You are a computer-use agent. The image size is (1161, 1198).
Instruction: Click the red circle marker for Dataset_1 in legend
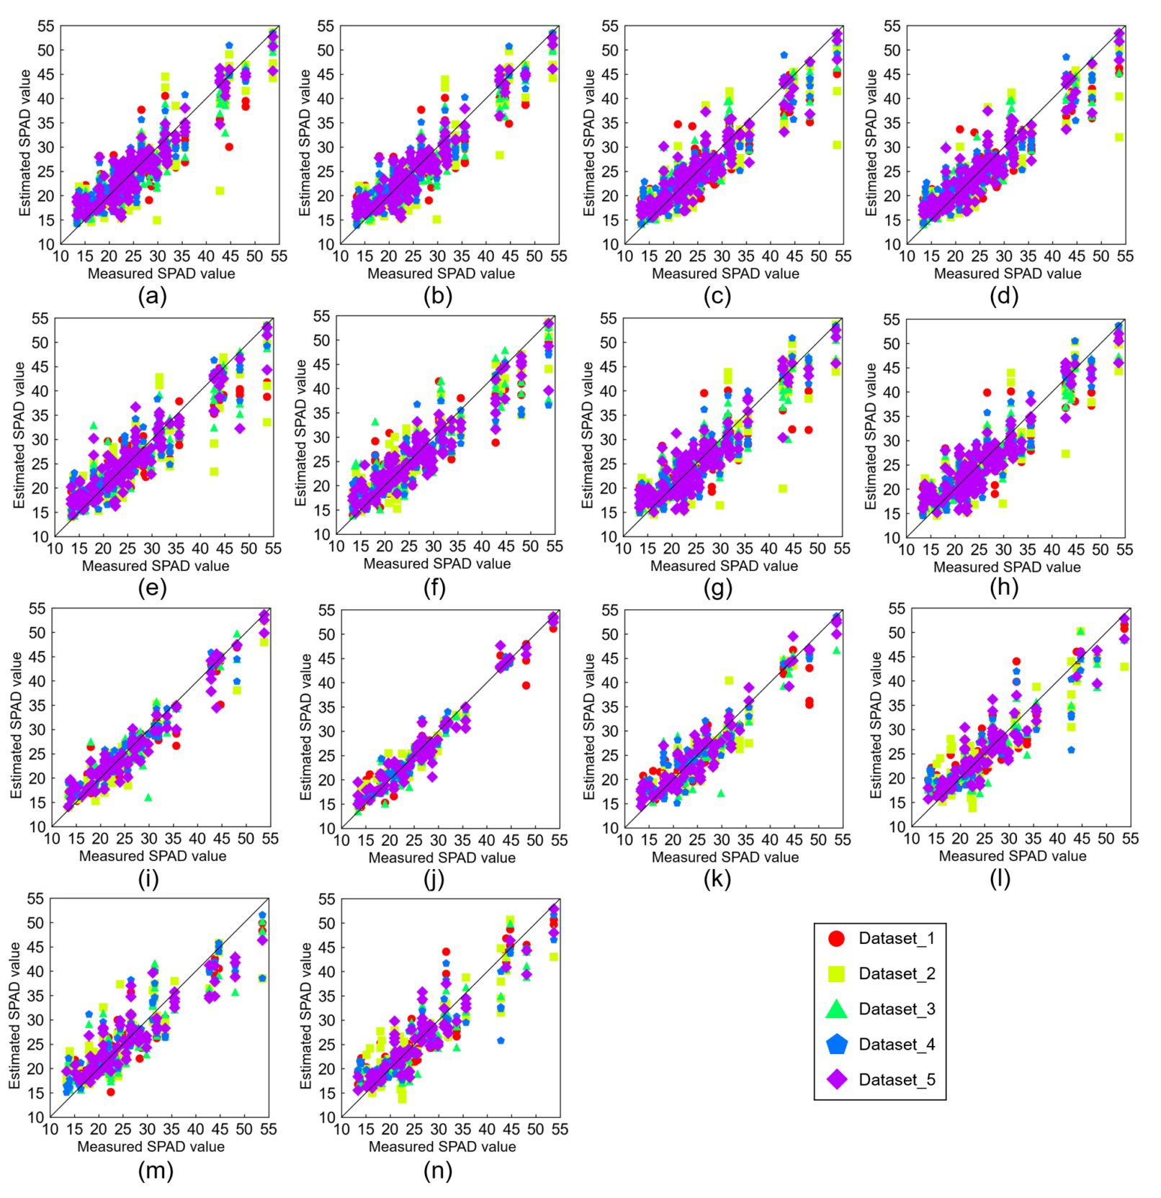tap(836, 938)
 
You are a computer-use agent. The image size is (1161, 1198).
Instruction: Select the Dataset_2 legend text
tap(897, 973)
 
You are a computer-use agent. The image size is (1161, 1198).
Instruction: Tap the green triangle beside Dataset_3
tap(836, 1009)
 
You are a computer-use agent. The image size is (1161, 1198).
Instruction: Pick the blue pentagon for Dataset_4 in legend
tap(836, 1044)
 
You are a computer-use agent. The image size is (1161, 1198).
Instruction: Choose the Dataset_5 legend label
tap(897, 1079)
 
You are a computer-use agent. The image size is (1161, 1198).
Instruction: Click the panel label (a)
tap(152, 296)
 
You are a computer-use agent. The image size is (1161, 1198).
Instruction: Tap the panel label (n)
tap(438, 1171)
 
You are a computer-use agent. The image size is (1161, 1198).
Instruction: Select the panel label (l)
tap(1000, 878)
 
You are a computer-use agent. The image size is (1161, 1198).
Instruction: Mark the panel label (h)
tap(1004, 587)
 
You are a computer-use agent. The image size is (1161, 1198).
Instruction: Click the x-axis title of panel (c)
tap(725, 274)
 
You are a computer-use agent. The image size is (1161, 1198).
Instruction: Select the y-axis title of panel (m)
tap(15, 1015)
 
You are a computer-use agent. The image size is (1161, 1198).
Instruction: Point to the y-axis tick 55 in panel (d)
tap(892, 27)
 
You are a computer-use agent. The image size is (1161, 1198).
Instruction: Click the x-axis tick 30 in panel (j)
tap(439, 840)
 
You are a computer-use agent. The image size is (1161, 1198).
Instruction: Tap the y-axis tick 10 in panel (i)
tap(37, 827)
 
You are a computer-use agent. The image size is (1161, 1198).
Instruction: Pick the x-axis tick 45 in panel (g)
tap(794, 549)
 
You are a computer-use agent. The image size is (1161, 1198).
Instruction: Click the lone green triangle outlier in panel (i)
tap(148, 798)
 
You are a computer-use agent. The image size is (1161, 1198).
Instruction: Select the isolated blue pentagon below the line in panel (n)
tap(501, 1040)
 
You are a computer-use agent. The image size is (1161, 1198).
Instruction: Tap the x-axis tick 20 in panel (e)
tap(104, 549)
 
